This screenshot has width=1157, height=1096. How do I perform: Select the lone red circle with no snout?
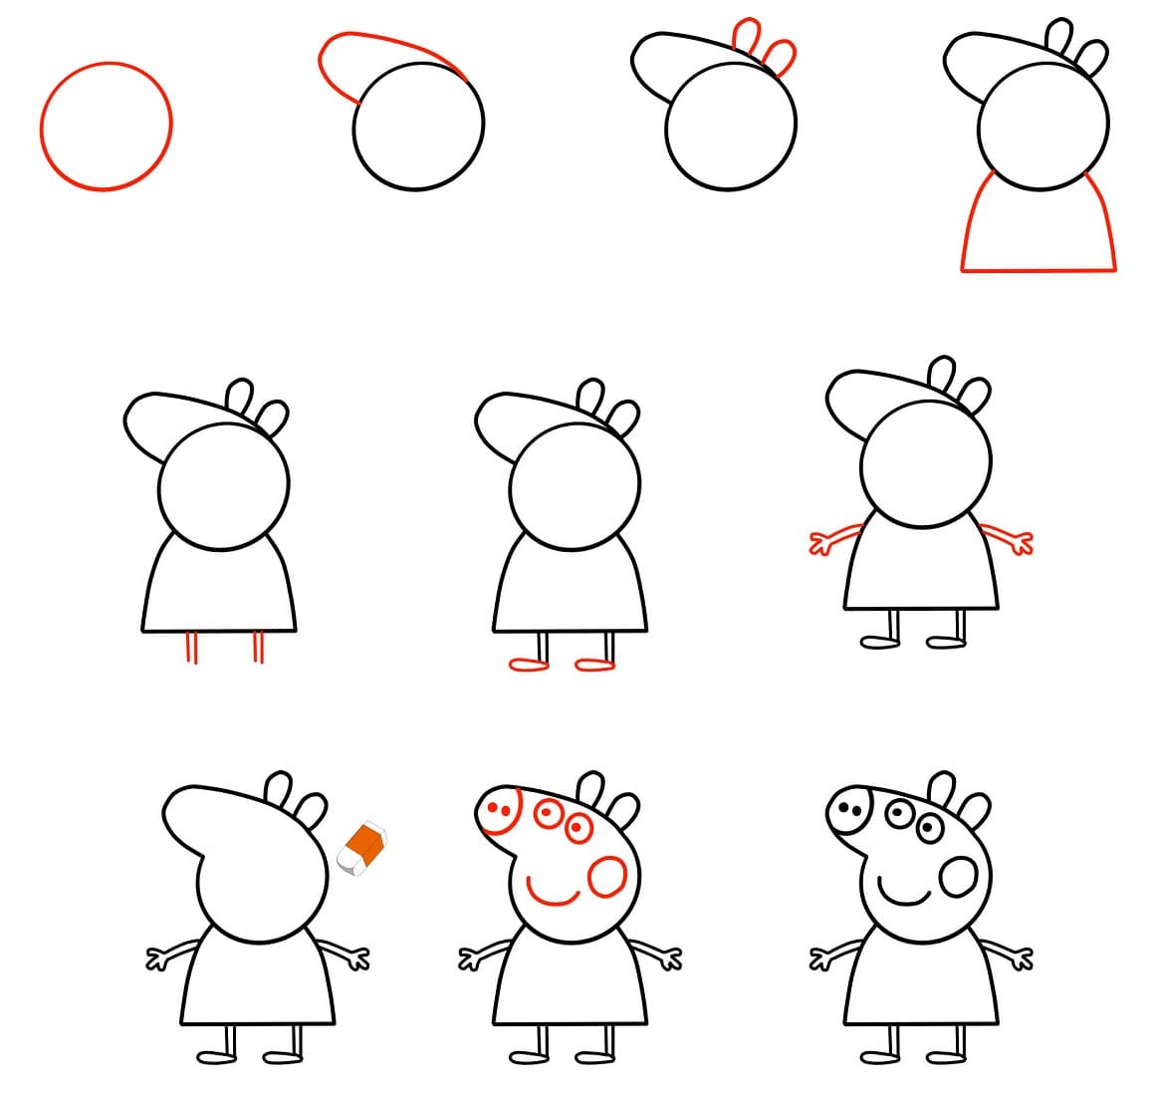[x=106, y=126]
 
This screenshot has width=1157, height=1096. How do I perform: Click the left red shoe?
[x=528, y=665]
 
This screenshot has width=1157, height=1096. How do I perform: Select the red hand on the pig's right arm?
[x=1021, y=543]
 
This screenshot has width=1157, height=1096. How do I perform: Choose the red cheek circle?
[x=606, y=877]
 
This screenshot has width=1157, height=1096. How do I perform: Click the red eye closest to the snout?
[x=547, y=814]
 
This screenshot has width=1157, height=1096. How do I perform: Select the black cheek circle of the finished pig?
[x=959, y=877]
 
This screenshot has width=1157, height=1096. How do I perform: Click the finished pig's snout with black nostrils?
[x=848, y=809]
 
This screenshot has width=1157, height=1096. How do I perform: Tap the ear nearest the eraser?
[x=312, y=810]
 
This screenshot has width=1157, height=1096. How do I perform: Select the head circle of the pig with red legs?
[x=223, y=484]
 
